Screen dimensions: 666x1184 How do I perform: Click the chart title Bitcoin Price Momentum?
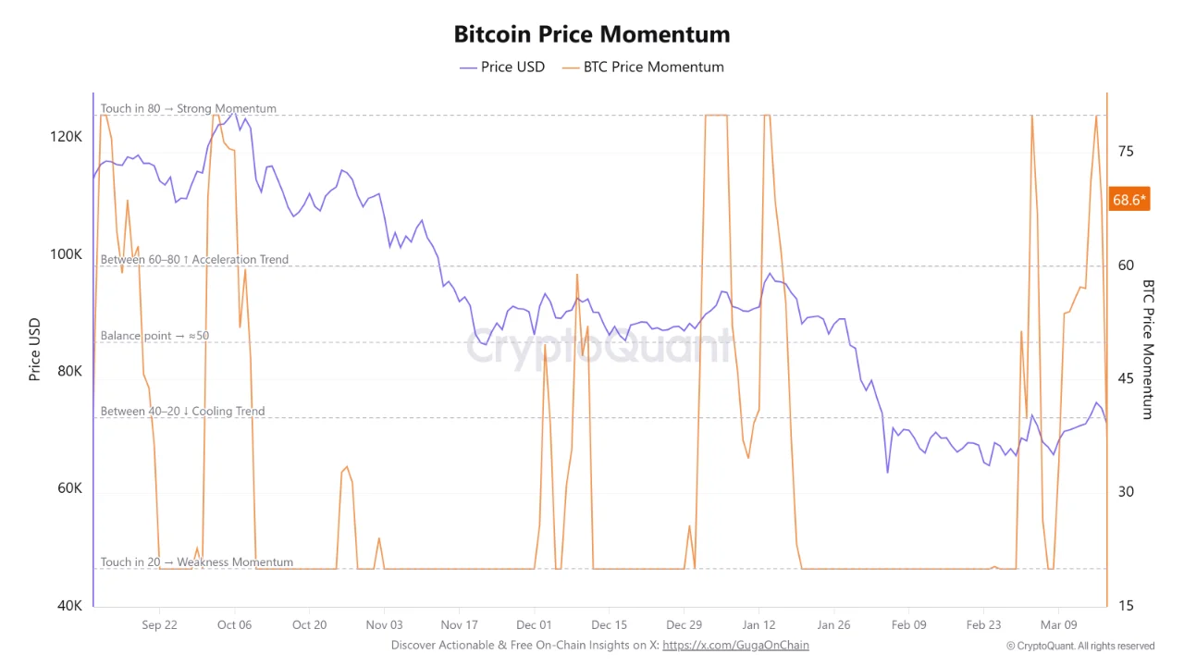(x=592, y=34)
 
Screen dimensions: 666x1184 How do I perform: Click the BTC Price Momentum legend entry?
(x=644, y=67)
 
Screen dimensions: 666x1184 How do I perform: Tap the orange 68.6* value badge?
(x=1128, y=199)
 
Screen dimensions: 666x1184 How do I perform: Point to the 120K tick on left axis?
(x=67, y=136)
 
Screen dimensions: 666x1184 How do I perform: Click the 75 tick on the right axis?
(x=1125, y=152)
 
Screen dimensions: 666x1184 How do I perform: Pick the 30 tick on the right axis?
(x=1125, y=492)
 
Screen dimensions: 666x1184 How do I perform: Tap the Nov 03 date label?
(x=384, y=625)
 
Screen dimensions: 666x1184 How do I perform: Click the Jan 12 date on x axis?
(x=758, y=625)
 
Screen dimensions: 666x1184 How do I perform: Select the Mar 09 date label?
(x=1058, y=625)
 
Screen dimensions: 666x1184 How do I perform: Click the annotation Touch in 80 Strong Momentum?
(x=189, y=108)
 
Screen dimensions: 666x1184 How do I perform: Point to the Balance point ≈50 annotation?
(x=154, y=336)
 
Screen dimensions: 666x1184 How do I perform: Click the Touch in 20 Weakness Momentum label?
(x=197, y=561)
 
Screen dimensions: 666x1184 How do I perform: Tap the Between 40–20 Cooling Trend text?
(x=182, y=411)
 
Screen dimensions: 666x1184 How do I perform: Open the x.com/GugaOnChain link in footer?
(x=735, y=645)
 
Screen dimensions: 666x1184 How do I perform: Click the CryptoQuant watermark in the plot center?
(x=598, y=347)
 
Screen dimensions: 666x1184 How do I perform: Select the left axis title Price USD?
(x=34, y=350)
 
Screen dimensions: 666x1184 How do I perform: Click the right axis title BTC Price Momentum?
(x=1148, y=350)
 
